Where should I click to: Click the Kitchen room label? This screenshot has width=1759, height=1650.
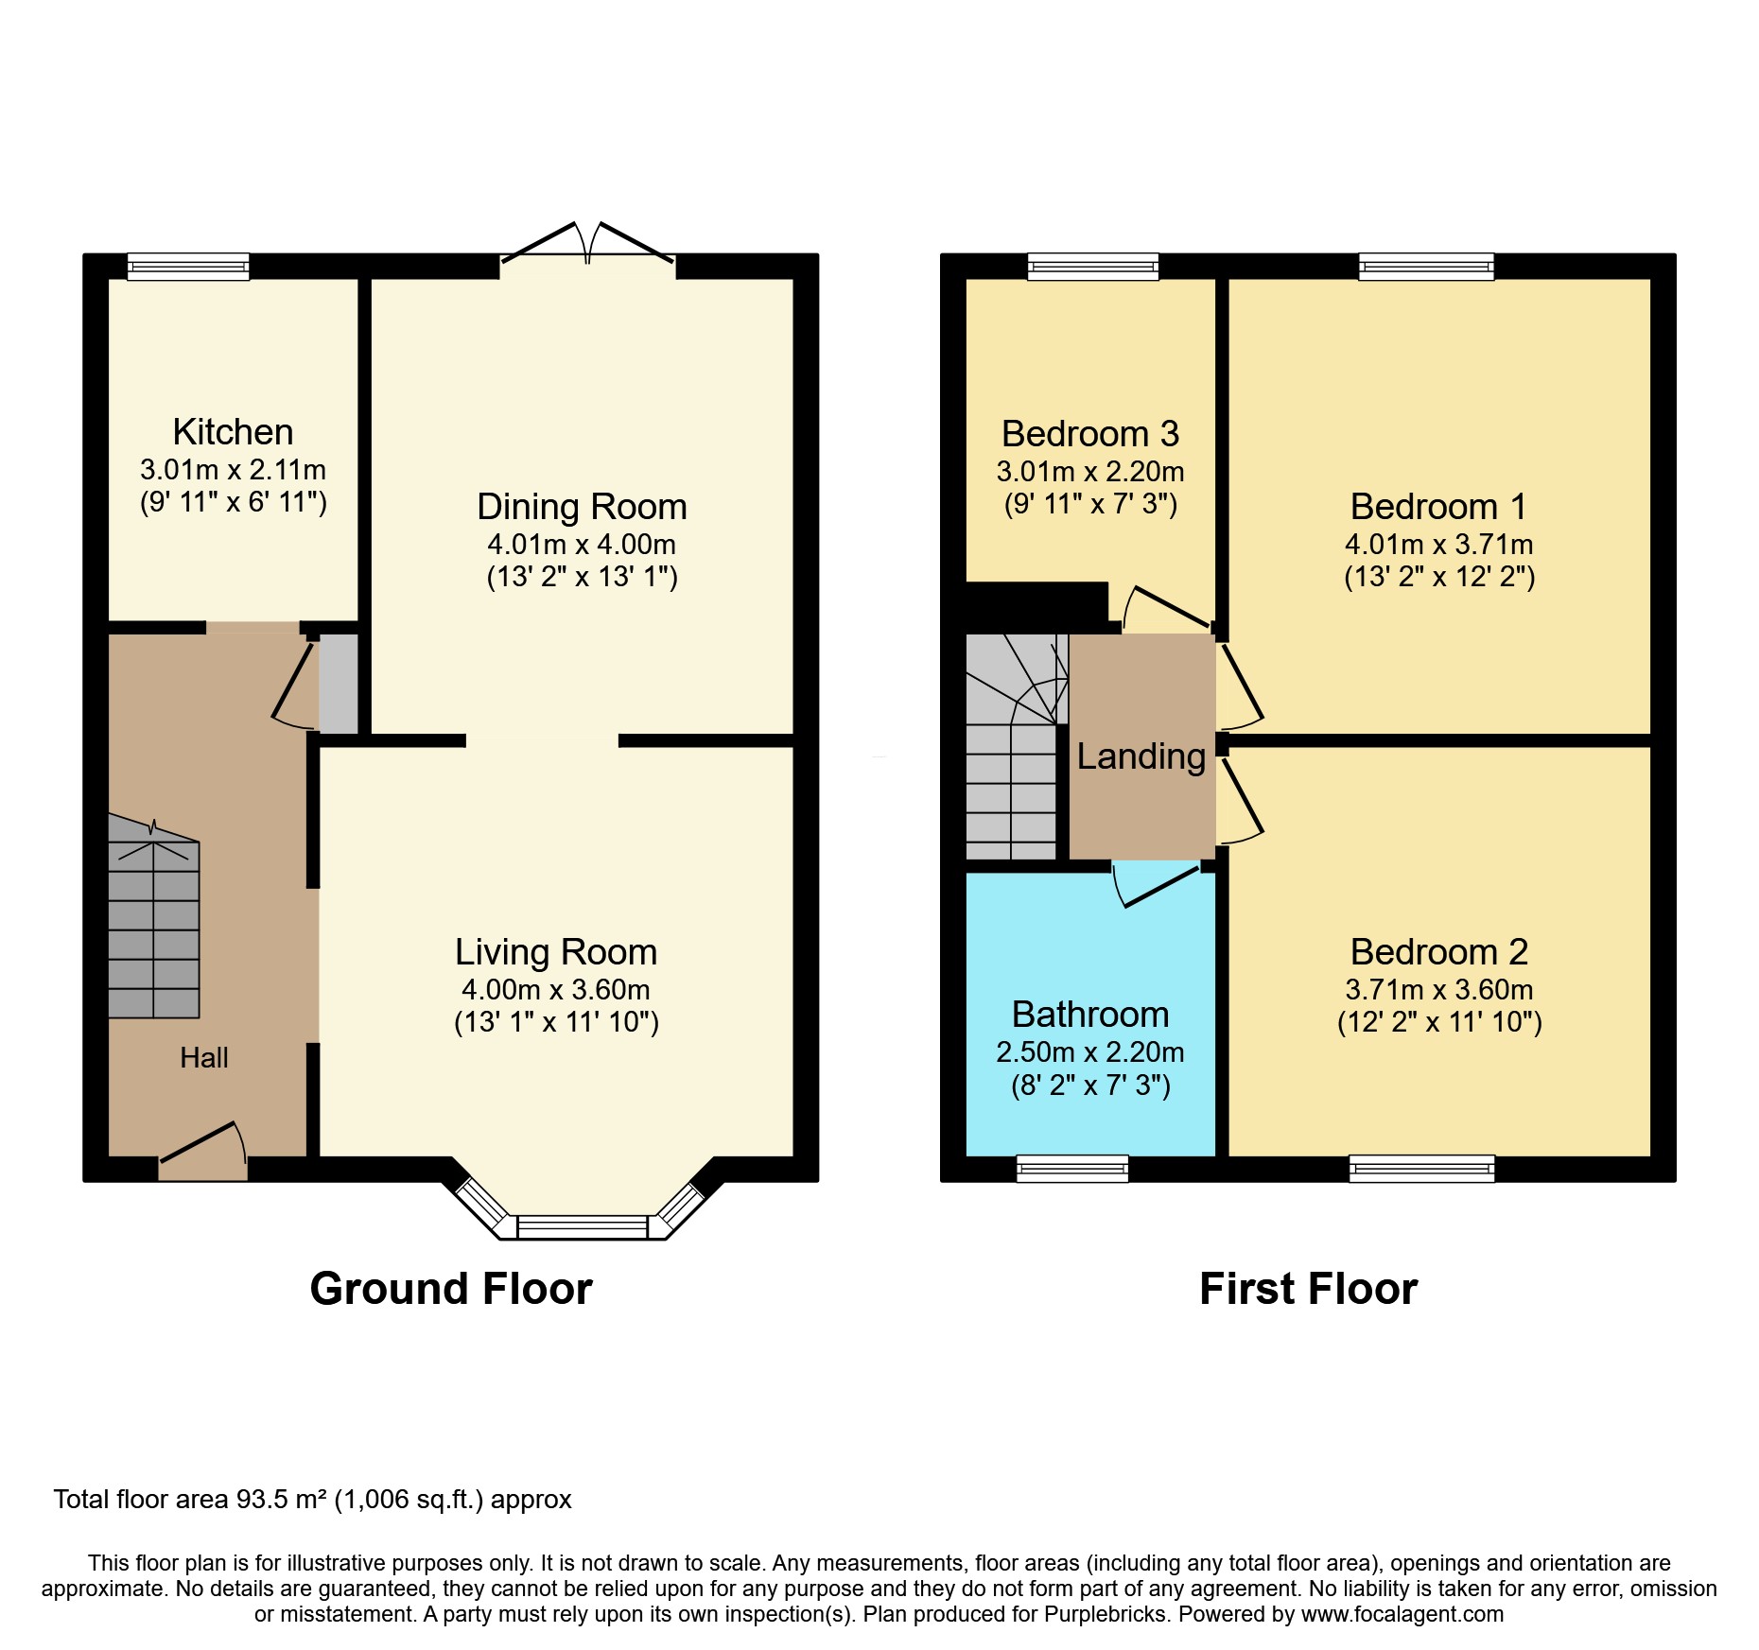(233, 432)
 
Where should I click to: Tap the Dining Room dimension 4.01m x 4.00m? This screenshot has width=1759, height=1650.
(581, 545)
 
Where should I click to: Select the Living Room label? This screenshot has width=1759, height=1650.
(556, 952)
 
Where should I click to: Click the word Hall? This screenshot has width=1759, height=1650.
(204, 1058)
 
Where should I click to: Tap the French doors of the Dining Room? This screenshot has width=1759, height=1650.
(587, 248)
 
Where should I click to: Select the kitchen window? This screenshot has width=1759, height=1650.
(188, 268)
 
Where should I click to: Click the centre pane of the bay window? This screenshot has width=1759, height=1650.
(583, 1227)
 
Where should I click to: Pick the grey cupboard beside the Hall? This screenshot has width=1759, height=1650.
(339, 684)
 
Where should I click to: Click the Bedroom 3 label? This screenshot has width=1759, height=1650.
(1090, 434)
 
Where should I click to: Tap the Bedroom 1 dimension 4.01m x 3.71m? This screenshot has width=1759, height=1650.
(1438, 545)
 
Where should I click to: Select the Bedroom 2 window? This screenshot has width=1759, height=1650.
(1421, 1170)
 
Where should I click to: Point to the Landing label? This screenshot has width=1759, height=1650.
(1141, 756)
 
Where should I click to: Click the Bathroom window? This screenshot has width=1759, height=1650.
(1072, 1170)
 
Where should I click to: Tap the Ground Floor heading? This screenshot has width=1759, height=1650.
(451, 1289)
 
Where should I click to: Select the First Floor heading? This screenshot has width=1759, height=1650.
(1308, 1289)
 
